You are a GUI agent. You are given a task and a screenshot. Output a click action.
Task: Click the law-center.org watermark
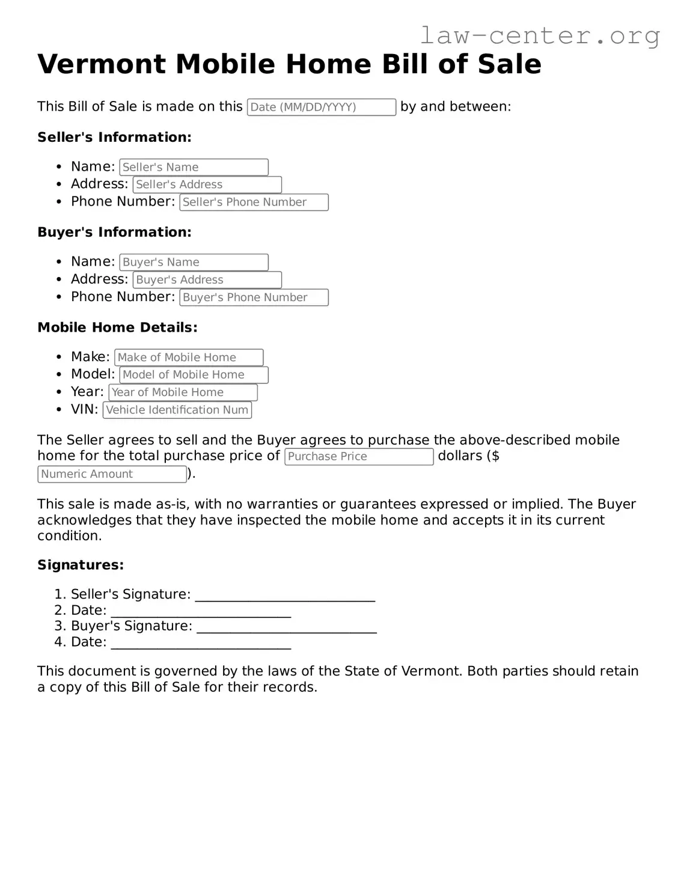(539, 35)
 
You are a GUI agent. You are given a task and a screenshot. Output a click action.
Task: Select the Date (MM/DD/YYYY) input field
(321, 107)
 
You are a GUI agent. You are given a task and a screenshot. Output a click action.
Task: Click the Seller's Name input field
(194, 167)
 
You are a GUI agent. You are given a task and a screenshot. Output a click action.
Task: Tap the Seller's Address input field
(207, 184)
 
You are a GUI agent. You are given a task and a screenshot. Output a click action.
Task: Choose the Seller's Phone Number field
(254, 202)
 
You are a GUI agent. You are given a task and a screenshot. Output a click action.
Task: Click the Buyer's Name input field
(194, 262)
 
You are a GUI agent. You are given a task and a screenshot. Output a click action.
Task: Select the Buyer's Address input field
(207, 279)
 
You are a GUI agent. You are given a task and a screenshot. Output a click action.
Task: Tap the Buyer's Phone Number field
(254, 297)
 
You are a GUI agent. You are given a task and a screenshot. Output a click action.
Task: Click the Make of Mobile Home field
(189, 357)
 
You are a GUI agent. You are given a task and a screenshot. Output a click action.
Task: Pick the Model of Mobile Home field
(194, 374)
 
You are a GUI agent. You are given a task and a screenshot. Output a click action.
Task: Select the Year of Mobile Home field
(183, 392)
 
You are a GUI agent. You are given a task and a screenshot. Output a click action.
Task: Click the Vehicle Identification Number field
(177, 410)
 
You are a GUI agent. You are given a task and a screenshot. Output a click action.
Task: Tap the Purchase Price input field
(358, 456)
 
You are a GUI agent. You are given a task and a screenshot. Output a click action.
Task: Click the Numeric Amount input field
(112, 474)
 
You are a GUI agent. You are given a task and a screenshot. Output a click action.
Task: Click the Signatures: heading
(81, 565)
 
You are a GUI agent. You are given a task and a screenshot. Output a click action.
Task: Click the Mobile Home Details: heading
(117, 328)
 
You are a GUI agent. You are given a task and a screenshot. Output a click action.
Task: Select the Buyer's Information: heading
(114, 232)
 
